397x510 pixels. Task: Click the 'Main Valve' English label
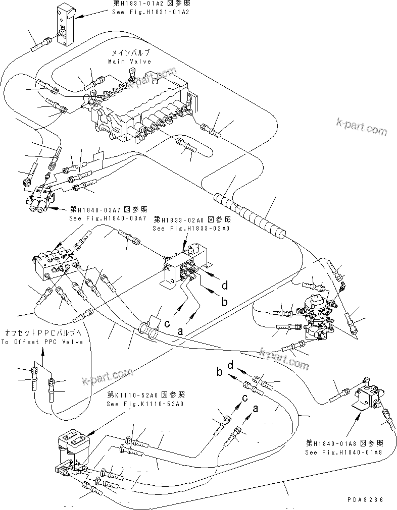(x=129, y=61)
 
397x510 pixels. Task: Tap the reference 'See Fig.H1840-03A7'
(x=108, y=218)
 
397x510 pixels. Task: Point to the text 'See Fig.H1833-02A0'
(x=191, y=229)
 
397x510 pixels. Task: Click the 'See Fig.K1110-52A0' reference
(x=145, y=404)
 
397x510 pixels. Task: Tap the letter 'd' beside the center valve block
(x=225, y=286)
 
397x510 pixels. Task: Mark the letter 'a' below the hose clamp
(x=179, y=331)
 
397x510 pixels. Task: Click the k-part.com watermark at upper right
(x=362, y=127)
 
